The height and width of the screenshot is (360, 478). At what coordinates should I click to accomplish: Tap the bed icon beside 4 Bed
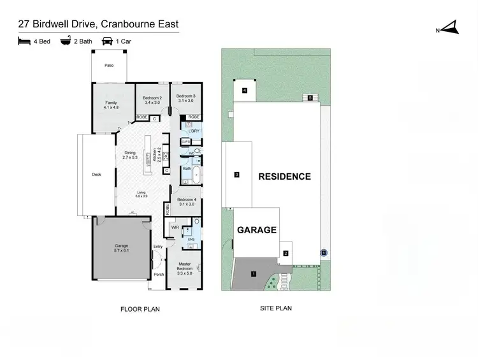coord(24,42)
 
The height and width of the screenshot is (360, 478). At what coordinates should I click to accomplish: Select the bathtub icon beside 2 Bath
coord(66,42)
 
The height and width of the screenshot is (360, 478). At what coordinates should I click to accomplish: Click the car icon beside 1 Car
coord(108,42)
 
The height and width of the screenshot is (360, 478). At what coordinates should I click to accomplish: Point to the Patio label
coord(109,65)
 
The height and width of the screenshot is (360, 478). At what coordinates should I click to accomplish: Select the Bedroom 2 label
coord(154,99)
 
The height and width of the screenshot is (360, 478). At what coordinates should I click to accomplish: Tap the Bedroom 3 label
coord(185,99)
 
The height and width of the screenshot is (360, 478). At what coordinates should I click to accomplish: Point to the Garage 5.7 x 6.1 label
coord(121,248)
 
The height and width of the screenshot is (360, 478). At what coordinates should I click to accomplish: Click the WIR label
coord(175,226)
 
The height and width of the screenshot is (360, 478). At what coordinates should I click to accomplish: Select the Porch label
coord(159,275)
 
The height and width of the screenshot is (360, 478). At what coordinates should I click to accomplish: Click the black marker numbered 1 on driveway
coord(254,274)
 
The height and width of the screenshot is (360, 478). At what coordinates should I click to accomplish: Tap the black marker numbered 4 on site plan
coord(244,91)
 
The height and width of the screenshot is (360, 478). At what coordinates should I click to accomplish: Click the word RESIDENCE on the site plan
coord(284,176)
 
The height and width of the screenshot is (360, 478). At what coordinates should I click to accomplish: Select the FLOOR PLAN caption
coord(140,309)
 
